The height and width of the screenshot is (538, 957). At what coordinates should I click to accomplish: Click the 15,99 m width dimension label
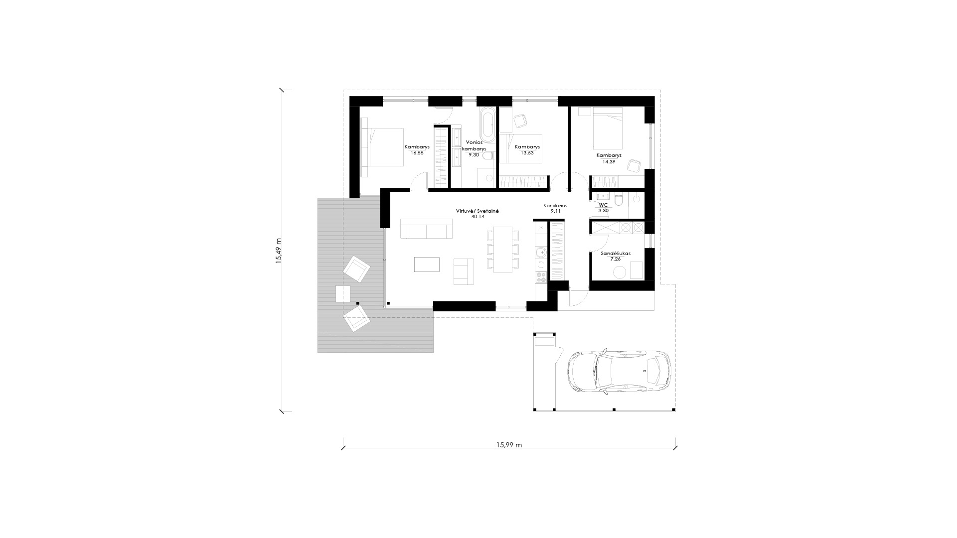click(x=509, y=445)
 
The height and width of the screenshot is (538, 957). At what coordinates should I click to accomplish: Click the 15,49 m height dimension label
click(x=279, y=251)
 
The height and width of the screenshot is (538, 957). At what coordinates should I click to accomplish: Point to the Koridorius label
click(x=555, y=205)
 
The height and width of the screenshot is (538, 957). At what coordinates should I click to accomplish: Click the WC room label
click(x=603, y=205)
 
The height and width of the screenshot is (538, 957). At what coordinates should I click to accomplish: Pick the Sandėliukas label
click(x=616, y=253)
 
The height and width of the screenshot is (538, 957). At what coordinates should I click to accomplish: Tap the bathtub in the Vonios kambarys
click(x=487, y=127)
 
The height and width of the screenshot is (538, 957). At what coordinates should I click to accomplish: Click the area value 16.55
click(x=417, y=153)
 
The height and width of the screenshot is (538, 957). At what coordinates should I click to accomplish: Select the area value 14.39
click(x=609, y=161)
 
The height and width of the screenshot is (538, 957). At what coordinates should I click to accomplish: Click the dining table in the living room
click(x=502, y=250)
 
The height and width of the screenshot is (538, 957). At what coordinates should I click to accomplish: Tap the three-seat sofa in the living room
click(x=426, y=231)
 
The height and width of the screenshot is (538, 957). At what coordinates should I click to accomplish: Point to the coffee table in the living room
click(x=427, y=264)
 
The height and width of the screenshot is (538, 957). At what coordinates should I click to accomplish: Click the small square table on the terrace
click(x=343, y=294)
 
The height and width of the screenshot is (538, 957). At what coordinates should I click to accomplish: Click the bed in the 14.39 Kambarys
click(x=607, y=129)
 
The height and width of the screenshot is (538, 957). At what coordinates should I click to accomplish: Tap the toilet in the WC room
click(x=619, y=200)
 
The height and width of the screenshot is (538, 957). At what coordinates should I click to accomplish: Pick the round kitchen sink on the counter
click(x=541, y=253)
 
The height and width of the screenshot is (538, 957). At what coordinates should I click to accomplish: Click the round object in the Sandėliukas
click(x=620, y=272)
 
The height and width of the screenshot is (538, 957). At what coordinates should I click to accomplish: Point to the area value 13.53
click(x=527, y=153)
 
